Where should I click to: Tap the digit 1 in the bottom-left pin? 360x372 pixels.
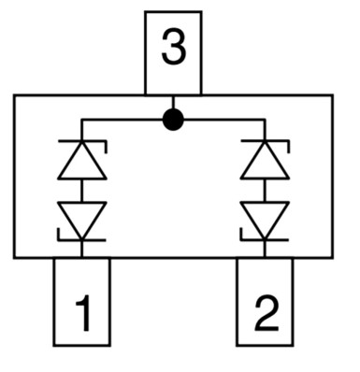[x=82, y=315]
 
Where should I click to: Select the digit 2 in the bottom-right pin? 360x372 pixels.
[x=265, y=315]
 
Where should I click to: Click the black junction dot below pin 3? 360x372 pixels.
[x=173, y=120]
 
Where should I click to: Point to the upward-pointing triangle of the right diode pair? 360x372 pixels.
[x=265, y=162]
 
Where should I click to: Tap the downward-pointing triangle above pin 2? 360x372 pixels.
[x=265, y=219]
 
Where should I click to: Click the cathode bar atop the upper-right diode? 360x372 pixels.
[x=265, y=143]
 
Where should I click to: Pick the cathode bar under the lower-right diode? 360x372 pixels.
[x=265, y=239]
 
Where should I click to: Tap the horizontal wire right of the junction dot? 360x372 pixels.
[x=220, y=120]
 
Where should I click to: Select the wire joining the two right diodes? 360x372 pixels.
[x=265, y=190]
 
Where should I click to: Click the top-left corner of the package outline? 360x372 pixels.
[x=14, y=95]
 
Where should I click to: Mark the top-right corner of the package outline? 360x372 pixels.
[x=333, y=95]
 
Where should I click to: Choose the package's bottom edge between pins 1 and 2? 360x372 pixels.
[x=173, y=257]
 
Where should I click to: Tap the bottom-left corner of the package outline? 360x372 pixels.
[x=14, y=257]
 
